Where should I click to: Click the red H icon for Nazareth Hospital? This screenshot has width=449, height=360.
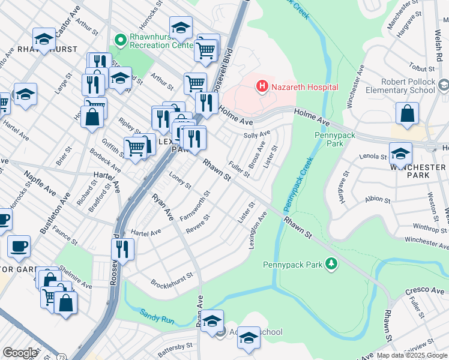262,87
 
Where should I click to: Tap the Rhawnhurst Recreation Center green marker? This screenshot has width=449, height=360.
120,40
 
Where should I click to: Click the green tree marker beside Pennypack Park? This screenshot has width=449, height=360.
330,263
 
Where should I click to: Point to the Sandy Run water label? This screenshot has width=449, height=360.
157,316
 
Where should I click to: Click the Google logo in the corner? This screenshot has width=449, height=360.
19,353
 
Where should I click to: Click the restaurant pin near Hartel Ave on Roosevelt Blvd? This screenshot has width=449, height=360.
124,248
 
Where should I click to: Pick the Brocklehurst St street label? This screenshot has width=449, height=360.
171,280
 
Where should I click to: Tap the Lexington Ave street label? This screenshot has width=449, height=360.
258,227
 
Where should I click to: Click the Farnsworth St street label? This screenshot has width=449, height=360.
195,206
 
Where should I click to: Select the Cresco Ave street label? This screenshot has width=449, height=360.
424,291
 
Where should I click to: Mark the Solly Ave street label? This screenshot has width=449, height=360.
257,134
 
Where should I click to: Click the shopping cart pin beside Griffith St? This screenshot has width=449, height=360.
136,147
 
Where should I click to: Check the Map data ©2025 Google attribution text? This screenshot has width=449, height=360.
412,355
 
